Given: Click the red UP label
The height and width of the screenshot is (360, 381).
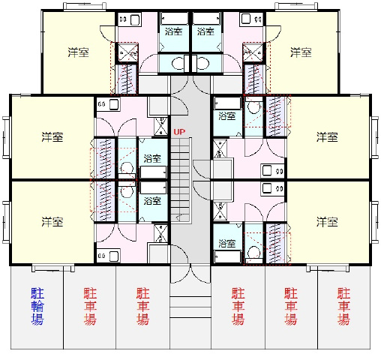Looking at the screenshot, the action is pos(179,132).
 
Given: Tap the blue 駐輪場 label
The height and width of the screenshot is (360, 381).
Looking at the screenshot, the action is pos(37,306).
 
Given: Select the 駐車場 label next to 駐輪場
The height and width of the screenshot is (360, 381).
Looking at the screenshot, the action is pos(90,306).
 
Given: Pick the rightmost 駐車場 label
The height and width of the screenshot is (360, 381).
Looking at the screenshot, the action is pos(343,306).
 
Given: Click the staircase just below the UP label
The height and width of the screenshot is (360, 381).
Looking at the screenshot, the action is pos(181,180).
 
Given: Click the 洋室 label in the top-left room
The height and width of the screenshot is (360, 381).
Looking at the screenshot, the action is pos(78,52).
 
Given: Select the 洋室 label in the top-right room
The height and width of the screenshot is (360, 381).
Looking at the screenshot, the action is pos(301,52).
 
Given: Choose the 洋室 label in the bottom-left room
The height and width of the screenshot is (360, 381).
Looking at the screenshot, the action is pos(52,222).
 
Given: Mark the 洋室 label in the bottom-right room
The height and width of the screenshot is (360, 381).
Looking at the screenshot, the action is pos(327,222).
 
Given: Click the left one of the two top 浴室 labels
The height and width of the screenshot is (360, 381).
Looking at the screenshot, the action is pos(173,31).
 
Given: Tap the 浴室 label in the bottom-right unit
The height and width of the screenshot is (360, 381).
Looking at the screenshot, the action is pos(227,243).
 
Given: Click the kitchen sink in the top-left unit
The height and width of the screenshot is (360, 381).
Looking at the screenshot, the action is pos(135,19).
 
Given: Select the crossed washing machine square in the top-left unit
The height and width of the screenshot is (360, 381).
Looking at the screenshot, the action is pos(127,52).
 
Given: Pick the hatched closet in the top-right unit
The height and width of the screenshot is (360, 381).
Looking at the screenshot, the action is pos(253,79).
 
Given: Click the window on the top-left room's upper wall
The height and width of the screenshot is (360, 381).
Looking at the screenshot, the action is pos(85,6).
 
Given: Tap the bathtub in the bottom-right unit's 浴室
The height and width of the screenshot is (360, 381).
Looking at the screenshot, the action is pos(227,257).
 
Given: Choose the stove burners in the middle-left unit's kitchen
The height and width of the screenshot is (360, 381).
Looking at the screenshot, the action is pos(101,104).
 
